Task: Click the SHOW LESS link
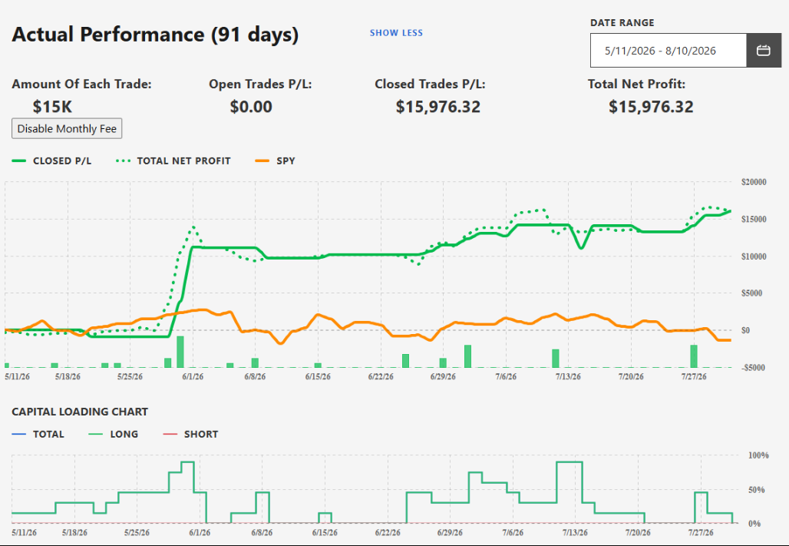click(x=396, y=33)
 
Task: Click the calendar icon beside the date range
click(x=764, y=51)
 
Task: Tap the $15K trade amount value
click(x=52, y=107)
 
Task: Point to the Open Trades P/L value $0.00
click(x=251, y=107)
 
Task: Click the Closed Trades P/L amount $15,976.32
click(x=437, y=107)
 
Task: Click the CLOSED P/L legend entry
click(x=51, y=161)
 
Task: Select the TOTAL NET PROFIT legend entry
click(x=173, y=161)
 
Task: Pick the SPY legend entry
click(x=276, y=161)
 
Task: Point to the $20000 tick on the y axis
click(x=754, y=182)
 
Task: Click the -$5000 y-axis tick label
click(x=754, y=368)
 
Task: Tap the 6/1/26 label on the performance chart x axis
click(x=192, y=377)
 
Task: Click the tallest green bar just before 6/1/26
click(x=180, y=352)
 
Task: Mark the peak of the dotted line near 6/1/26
click(x=193, y=227)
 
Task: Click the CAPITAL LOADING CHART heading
click(x=80, y=412)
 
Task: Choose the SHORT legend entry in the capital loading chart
click(x=190, y=434)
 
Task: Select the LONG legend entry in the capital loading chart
click(x=114, y=434)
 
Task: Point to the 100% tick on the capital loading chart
click(x=759, y=455)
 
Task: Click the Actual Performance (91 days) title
click(x=155, y=35)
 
